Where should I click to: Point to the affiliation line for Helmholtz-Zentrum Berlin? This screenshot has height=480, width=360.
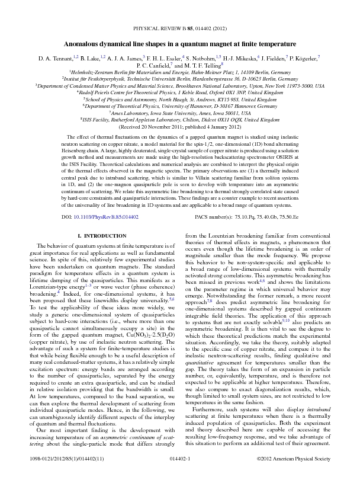click(180, 72)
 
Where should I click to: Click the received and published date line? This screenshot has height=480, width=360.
click(179, 127)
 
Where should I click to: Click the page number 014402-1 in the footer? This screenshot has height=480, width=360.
click(179, 459)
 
